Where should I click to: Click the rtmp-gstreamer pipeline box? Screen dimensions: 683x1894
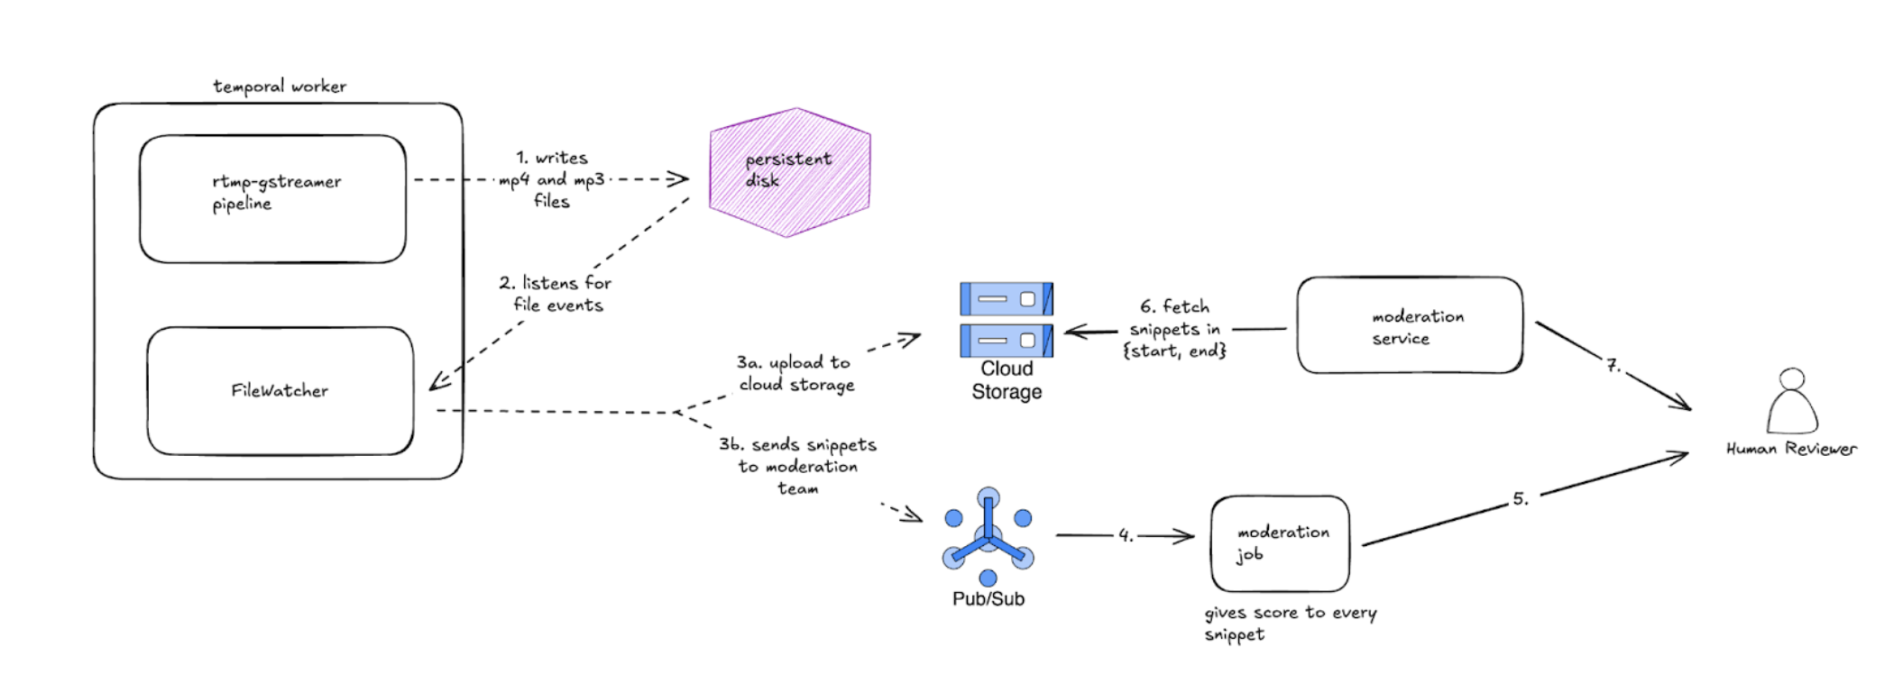tap(272, 199)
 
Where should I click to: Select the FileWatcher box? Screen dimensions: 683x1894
tap(280, 391)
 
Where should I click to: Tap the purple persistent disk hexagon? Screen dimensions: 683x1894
tap(789, 172)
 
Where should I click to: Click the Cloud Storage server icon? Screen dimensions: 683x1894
tap(1006, 319)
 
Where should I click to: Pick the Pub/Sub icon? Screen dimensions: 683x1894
tap(988, 537)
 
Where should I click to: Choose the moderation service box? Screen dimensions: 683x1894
tap(1410, 325)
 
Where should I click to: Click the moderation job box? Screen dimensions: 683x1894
tap(1280, 543)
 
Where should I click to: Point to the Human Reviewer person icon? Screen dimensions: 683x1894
tap(1792, 402)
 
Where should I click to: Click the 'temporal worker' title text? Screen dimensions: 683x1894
tap(280, 87)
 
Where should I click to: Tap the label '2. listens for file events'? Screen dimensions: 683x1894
tap(556, 294)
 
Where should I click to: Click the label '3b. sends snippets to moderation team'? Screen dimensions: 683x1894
tap(797, 466)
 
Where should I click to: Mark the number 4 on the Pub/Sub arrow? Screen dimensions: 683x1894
tap(1126, 535)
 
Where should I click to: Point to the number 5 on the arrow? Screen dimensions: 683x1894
tap(1521, 499)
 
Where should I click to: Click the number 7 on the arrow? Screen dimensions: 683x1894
tap(1614, 365)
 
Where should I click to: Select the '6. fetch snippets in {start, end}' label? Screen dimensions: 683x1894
tap(1174, 329)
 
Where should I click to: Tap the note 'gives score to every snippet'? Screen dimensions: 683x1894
tap(1290, 623)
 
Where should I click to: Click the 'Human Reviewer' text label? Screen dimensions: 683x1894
tap(1791, 449)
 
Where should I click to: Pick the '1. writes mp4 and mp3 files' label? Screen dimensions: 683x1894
tap(552, 179)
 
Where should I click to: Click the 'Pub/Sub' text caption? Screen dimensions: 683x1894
tap(988, 599)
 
